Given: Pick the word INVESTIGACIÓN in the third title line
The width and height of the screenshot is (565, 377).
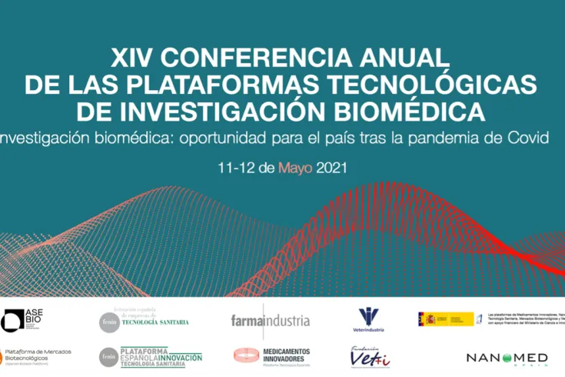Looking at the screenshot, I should tap(202, 111).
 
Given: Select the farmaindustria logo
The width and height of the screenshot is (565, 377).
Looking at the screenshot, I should tap(270, 320).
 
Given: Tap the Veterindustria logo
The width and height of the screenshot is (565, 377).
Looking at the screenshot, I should tap(370, 319).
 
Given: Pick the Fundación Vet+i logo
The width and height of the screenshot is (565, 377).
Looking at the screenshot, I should tap(371, 356).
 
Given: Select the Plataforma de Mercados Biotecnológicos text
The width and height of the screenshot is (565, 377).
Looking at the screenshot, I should tap(38, 354).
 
